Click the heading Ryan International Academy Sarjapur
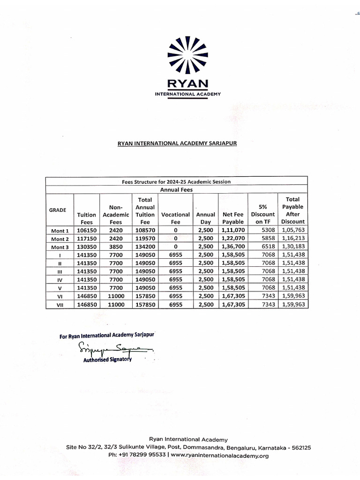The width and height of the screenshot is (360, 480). coord(177,143)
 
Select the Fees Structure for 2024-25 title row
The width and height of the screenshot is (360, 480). coord(176,182)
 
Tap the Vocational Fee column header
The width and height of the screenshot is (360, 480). coord(175,218)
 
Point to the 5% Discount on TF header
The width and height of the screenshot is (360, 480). coord(263,214)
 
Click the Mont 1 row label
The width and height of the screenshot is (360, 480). coord(60,231)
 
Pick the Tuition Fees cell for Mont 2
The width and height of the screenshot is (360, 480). coord(86,239)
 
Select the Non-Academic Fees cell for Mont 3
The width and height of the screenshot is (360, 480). coord(115,247)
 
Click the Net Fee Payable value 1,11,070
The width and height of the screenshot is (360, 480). coord(233,231)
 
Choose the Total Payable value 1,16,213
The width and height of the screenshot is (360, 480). coord(293,239)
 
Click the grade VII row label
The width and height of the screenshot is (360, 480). coord(60,305)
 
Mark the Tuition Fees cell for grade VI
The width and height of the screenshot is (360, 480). coord(86,296)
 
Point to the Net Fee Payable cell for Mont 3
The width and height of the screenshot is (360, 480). coord(233,247)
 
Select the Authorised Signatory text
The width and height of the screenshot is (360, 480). coord(107,360)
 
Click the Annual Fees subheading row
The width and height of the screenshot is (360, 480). coord(176,190)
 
